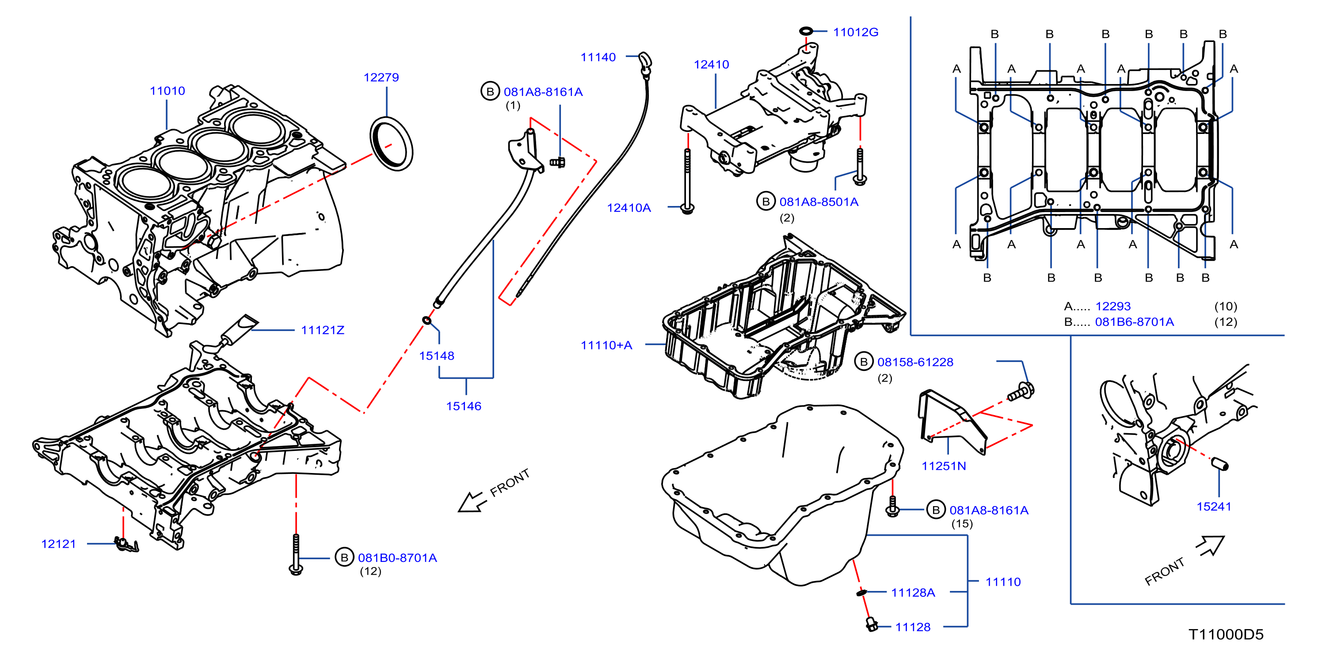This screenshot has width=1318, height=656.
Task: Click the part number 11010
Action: [168, 91]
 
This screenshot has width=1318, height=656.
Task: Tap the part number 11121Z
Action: [323, 330]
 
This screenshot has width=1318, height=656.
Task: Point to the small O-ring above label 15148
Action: [427, 321]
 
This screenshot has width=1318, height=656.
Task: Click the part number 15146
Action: [464, 406]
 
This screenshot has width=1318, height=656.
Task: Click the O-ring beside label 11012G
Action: [806, 31]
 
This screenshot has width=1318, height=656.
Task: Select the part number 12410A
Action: [629, 208]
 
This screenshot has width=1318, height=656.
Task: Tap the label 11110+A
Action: [606, 345]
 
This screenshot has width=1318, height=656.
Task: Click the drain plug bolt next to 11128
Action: [871, 624]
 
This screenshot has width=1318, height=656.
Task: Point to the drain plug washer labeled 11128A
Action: [861, 592]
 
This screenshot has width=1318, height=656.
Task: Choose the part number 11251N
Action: [944, 466]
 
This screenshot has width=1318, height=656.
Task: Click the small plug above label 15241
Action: [1220, 464]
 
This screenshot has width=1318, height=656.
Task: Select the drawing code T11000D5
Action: [1226, 634]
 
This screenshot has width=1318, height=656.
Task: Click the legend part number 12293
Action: [1113, 306]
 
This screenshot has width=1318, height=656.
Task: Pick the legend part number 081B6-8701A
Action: [1134, 322]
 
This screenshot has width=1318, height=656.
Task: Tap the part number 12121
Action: [58, 544]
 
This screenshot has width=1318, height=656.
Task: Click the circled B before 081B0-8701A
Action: [344, 557]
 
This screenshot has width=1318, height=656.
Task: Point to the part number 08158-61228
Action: [915, 362]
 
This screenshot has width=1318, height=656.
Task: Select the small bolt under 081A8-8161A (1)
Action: [557, 163]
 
